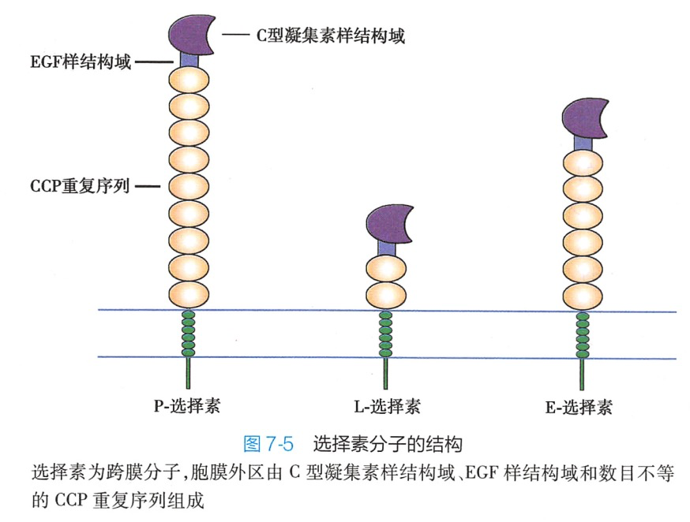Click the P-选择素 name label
187,407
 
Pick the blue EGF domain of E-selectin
583,142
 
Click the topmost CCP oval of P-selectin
189,79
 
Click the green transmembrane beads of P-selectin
188,334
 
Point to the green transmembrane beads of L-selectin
386,334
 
